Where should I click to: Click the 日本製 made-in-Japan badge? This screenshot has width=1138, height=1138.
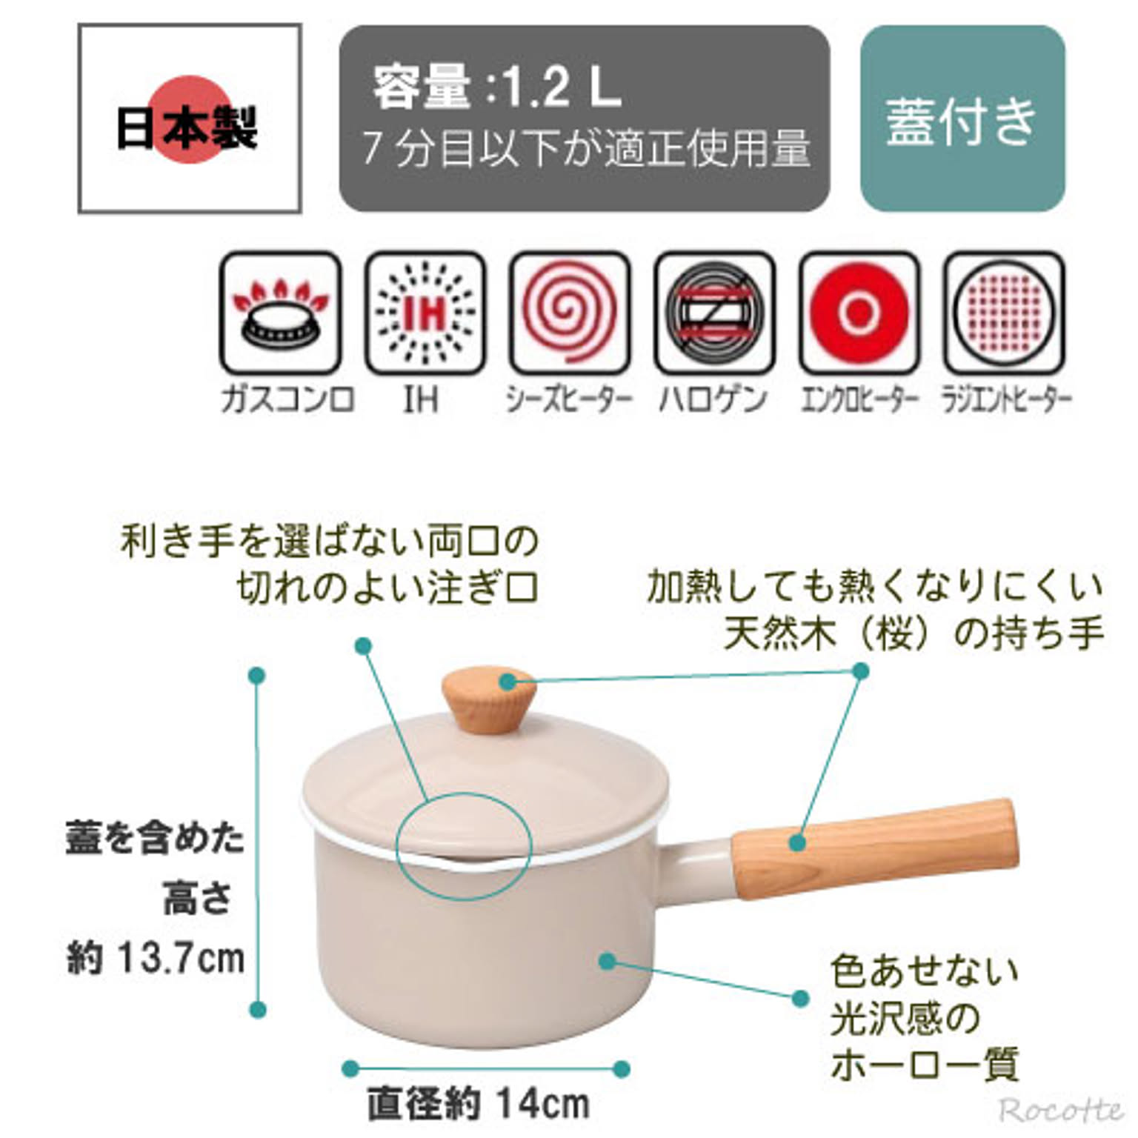(190, 119)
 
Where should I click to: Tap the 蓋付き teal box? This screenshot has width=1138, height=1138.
(962, 119)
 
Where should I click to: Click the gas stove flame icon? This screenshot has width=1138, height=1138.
(280, 313)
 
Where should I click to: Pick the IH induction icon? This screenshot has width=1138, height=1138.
(425, 313)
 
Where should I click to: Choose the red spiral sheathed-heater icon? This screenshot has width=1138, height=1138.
(569, 313)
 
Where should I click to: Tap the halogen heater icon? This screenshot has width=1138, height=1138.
(714, 313)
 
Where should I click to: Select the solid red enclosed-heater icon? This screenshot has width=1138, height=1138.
(859, 313)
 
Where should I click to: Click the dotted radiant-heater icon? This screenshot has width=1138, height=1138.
(1003, 313)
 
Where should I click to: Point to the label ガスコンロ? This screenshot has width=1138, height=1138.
(287, 400)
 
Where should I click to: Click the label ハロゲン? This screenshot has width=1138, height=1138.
(713, 400)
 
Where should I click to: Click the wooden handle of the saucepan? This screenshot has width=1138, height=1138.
(874, 845)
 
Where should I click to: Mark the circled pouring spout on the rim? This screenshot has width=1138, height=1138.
(464, 845)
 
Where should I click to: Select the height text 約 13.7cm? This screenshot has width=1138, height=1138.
(156, 959)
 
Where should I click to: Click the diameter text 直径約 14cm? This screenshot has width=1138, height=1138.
(479, 1104)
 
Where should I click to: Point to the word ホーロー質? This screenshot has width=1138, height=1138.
(925, 1065)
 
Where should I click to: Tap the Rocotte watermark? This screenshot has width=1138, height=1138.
(1059, 1110)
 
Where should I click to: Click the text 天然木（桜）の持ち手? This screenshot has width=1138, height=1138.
(914, 634)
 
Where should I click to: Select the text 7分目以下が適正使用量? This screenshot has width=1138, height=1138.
(586, 148)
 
